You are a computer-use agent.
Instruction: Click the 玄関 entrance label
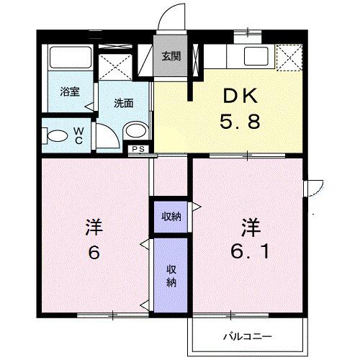coord(170,57)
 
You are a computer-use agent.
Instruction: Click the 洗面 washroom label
coord(124,103)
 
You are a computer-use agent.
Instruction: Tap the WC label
coord(78,135)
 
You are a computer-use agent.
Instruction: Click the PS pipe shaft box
coord(139,148)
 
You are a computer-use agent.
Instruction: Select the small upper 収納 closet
coord(171,216)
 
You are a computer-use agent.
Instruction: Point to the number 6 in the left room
coord(94,253)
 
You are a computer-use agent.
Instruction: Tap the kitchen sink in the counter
coord(256,55)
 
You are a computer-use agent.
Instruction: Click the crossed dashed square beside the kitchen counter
coord(289,57)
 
